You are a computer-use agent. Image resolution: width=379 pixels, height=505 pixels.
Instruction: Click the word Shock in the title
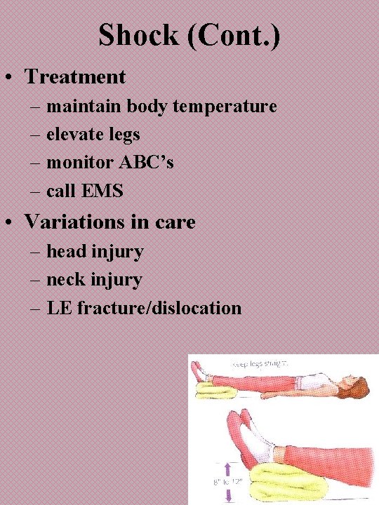point(138,35)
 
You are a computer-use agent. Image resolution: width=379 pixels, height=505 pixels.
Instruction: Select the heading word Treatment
point(75,76)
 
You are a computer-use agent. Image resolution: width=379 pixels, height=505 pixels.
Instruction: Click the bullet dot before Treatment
point(12,77)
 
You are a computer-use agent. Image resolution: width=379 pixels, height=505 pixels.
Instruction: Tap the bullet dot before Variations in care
point(12,223)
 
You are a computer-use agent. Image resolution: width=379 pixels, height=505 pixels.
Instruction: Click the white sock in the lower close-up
point(266,442)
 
